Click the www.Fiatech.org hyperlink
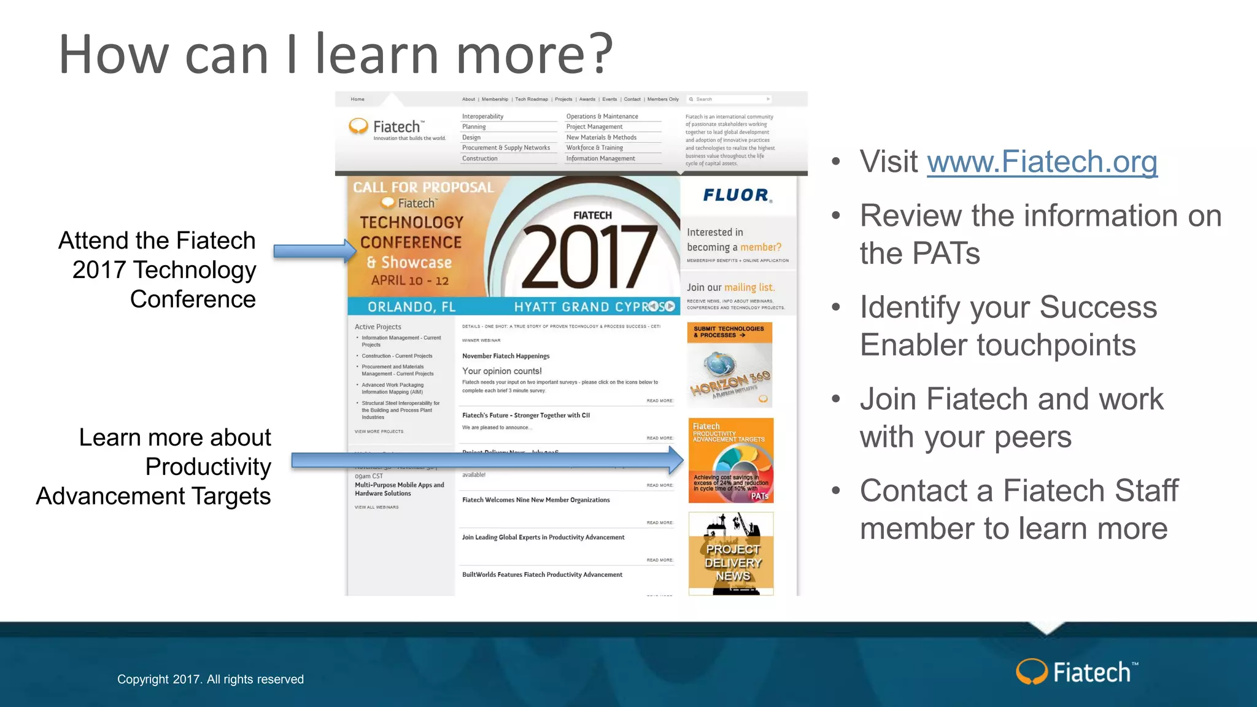[x=1042, y=162]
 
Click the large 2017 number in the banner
[x=588, y=258]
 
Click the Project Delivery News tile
[x=731, y=555]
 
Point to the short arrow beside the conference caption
[x=315, y=250]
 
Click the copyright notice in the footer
[x=211, y=679]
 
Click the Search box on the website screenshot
[x=729, y=99]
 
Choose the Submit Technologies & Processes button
[x=729, y=332]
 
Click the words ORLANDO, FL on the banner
[x=411, y=307]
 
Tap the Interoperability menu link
[x=482, y=117]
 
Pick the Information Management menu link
[x=600, y=158]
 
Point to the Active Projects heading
[x=378, y=327]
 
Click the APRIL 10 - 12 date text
[x=410, y=280]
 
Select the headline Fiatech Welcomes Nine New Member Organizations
[x=536, y=500]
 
